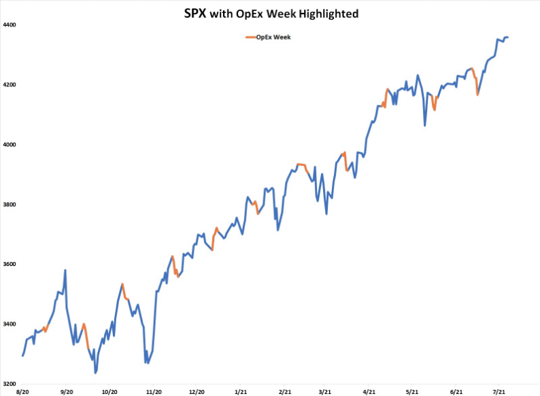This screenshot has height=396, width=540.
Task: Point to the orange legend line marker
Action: click(251, 37)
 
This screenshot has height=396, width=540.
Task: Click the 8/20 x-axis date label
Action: click(22, 393)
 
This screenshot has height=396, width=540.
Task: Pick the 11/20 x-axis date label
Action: click(154, 393)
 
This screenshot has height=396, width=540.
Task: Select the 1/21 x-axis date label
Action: click(241, 393)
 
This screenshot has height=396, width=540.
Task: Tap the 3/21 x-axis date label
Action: click(326, 393)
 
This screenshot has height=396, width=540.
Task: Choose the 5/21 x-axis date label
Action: click(412, 393)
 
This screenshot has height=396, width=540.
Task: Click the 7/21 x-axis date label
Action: click(499, 393)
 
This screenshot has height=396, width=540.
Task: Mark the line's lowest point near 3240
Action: click(95, 372)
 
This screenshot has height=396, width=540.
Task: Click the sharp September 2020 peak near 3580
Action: click(65, 270)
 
